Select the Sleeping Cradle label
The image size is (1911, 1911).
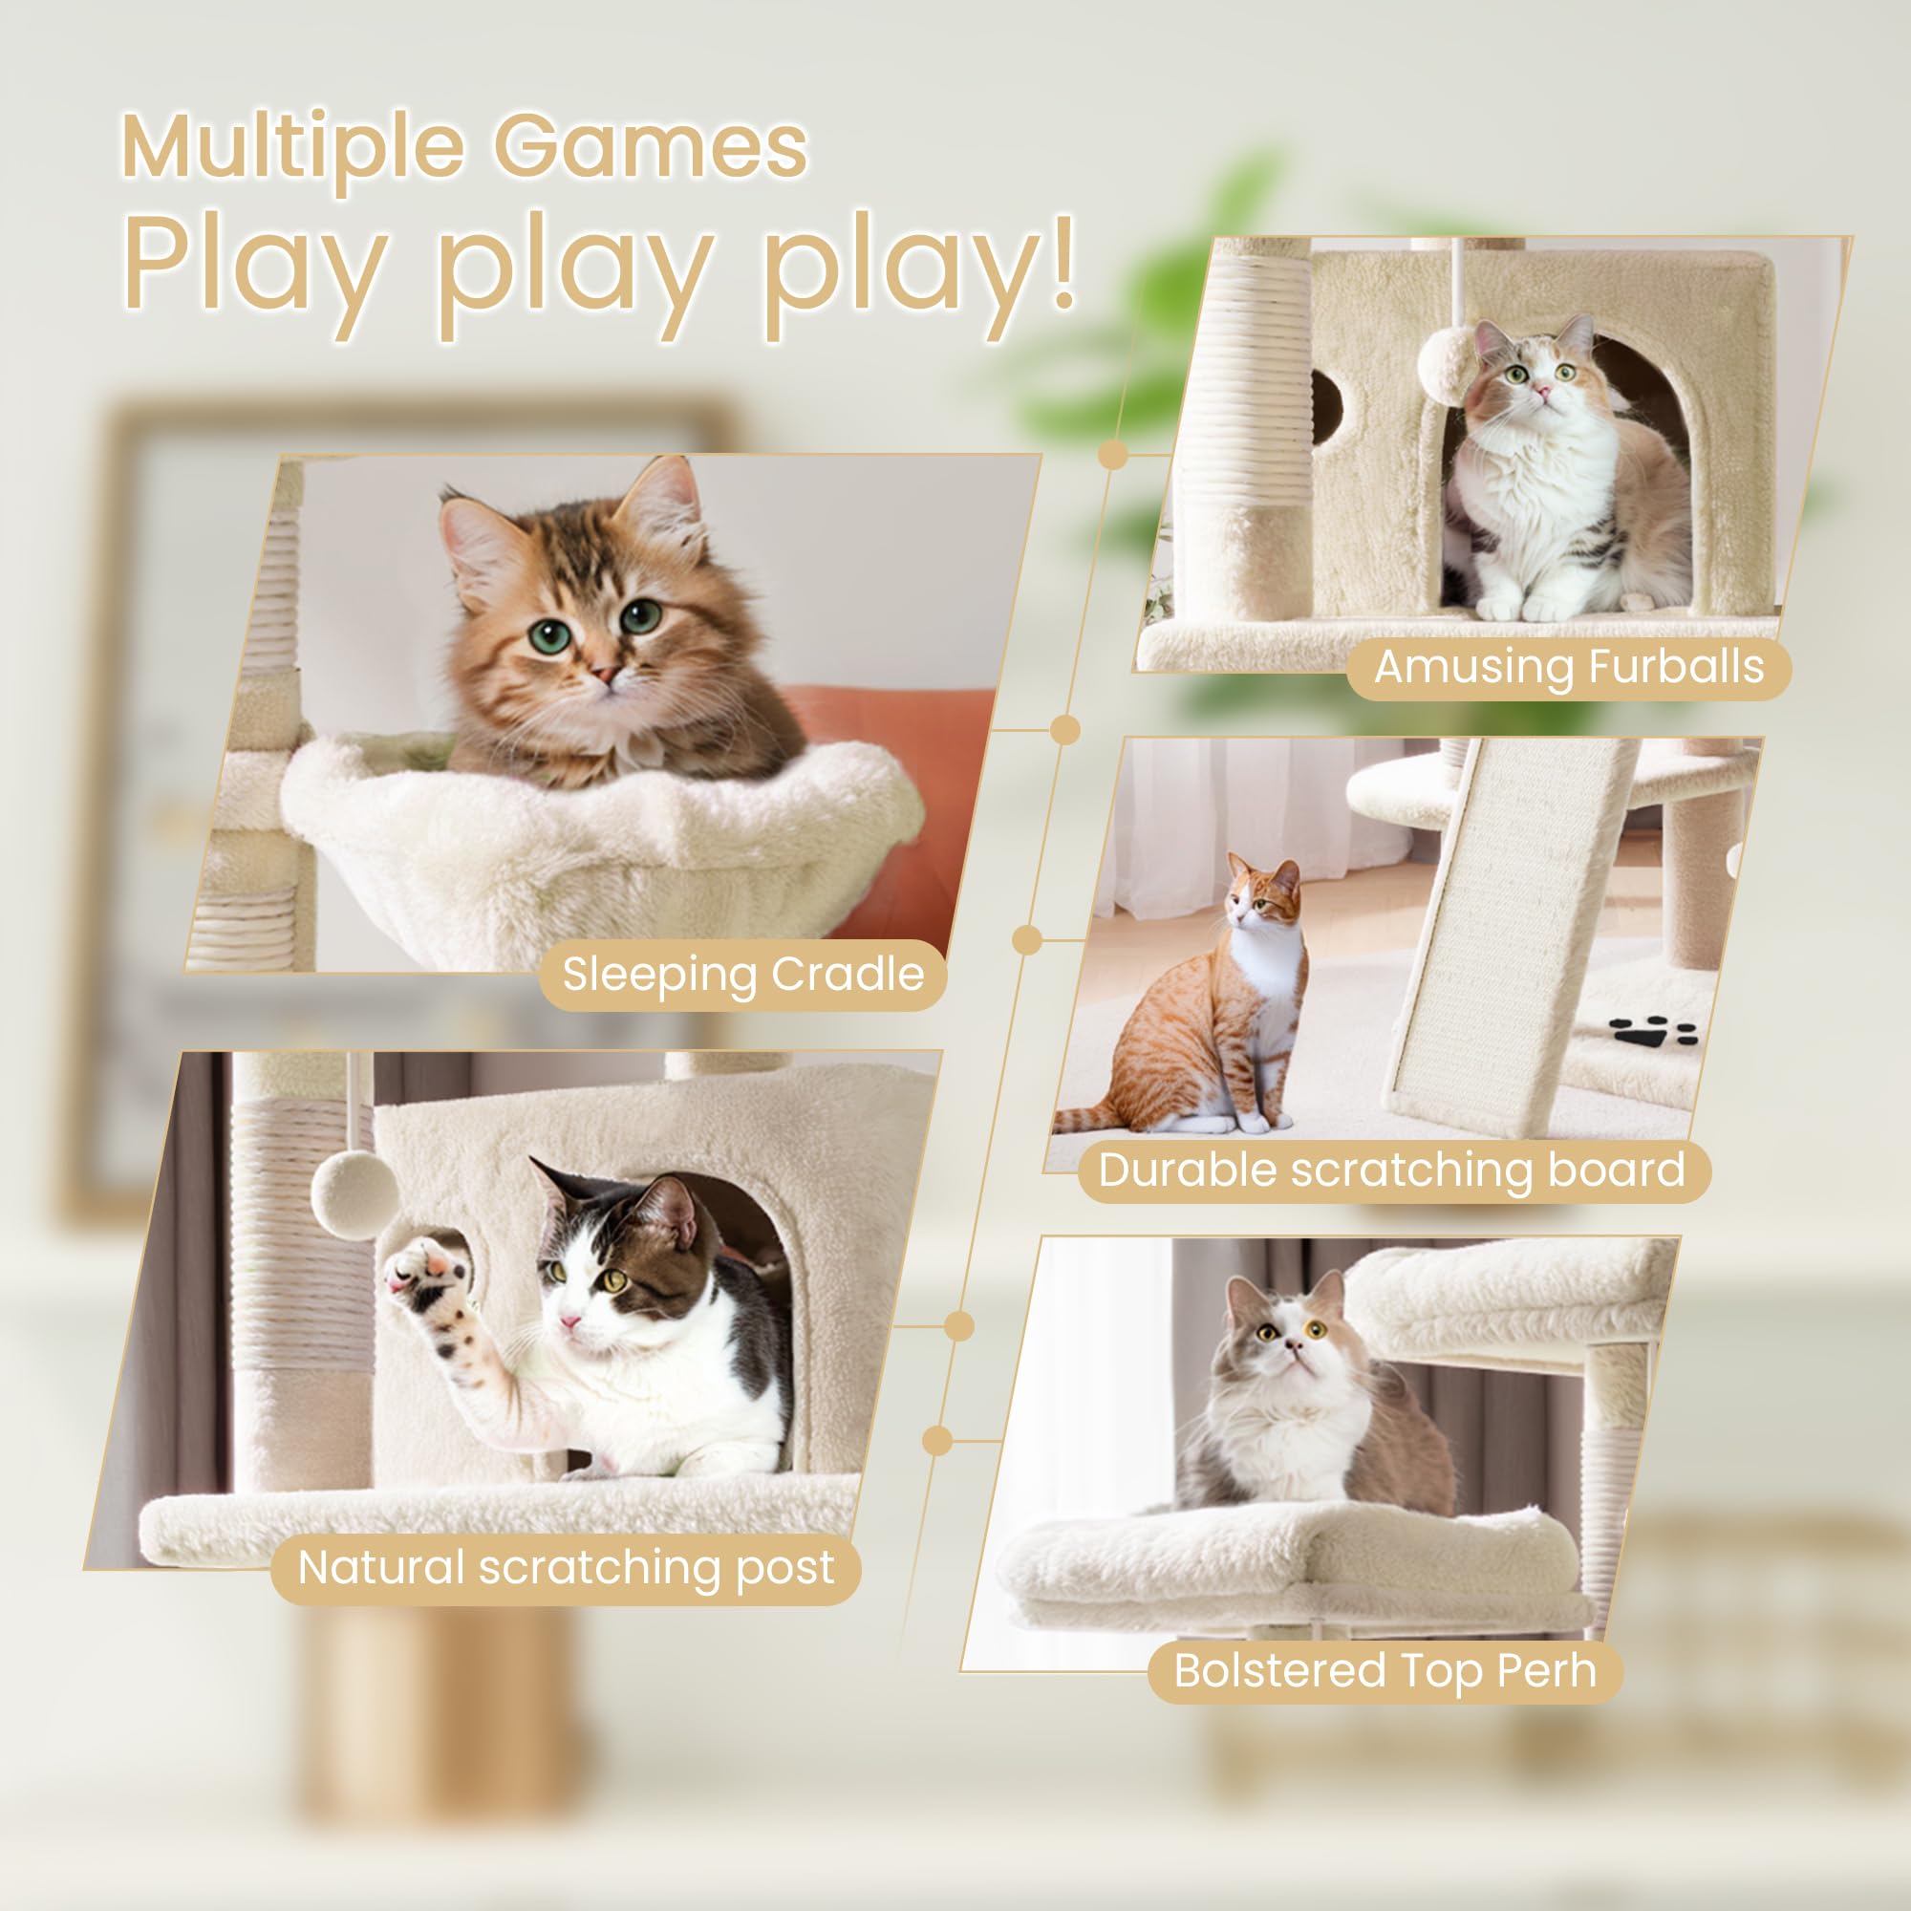pos(742,975)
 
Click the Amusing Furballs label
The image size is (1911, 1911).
pos(1569,667)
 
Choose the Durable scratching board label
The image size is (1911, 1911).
pos(1393,1170)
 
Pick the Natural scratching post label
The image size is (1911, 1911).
pos(566,1568)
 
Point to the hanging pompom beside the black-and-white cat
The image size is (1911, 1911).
pos(354,1196)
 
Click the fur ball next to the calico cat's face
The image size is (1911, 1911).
pos(1446,363)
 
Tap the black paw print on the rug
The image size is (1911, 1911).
pos(1652,1033)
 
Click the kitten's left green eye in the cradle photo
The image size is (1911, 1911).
pos(548,636)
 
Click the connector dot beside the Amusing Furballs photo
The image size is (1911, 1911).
pos(1113,455)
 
